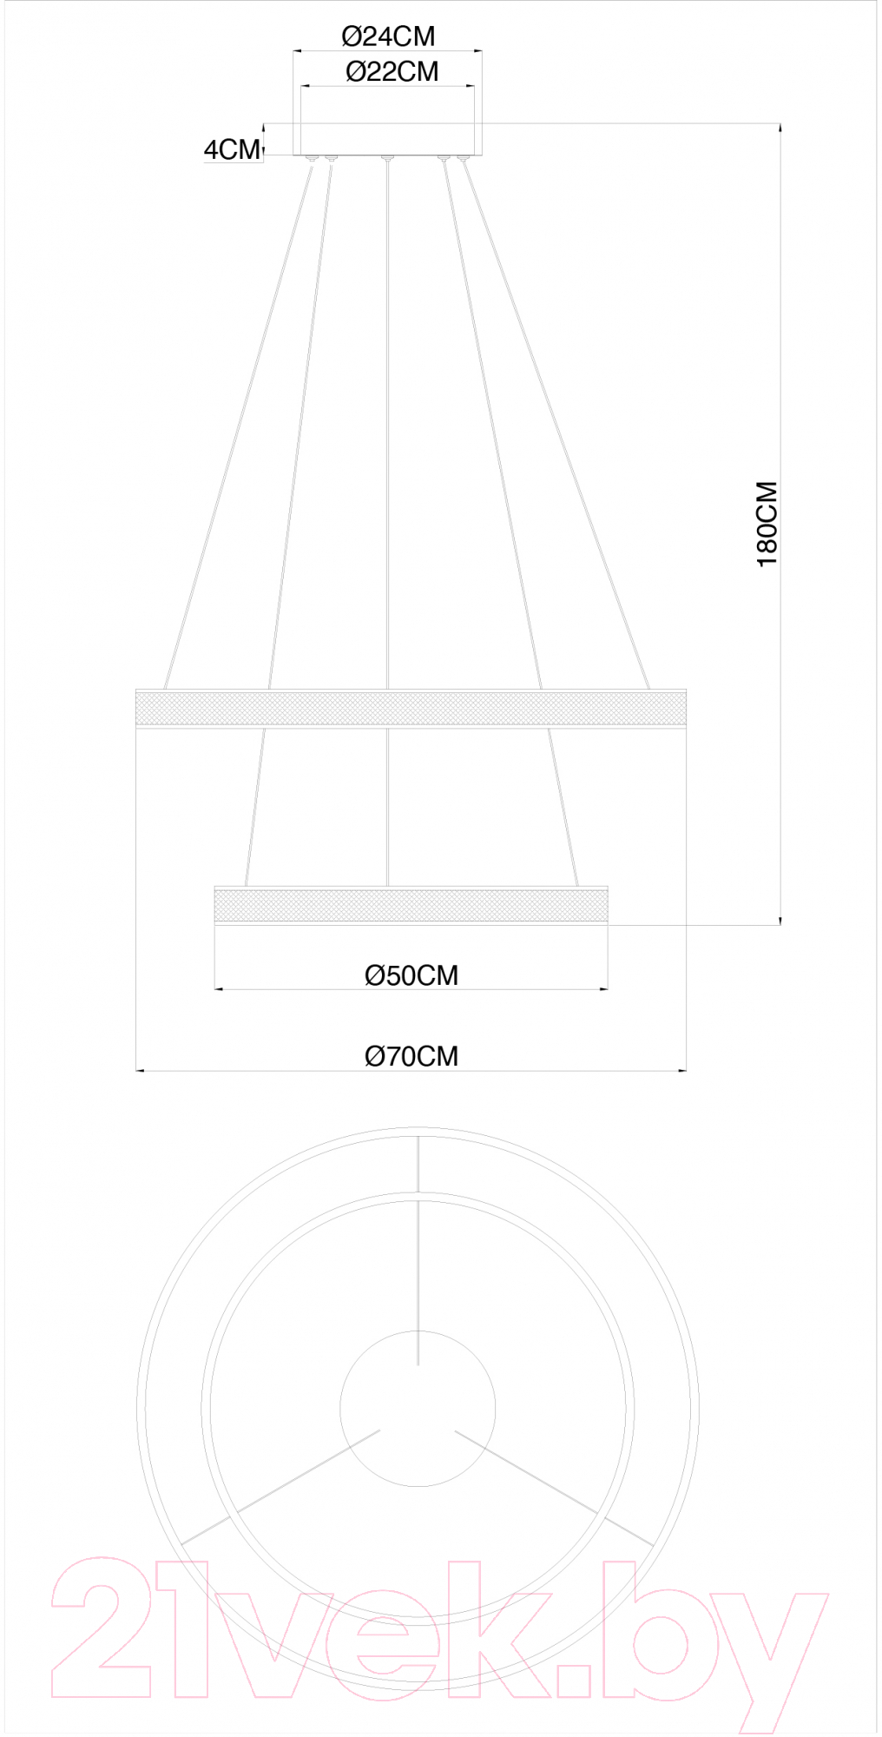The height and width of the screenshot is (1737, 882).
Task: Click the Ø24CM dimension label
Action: click(388, 36)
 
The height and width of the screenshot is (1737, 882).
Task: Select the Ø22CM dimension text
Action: click(392, 71)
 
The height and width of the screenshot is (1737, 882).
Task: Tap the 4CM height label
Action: click(232, 149)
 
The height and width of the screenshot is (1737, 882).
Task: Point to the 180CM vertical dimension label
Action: click(767, 524)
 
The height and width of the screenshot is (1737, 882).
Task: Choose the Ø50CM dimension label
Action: click(411, 975)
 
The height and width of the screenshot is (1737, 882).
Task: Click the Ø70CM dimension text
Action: click(411, 1056)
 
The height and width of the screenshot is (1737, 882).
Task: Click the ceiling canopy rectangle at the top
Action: click(387, 139)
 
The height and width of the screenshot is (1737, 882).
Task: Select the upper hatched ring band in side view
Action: click(411, 708)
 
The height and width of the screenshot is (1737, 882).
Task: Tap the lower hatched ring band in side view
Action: click(411, 905)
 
